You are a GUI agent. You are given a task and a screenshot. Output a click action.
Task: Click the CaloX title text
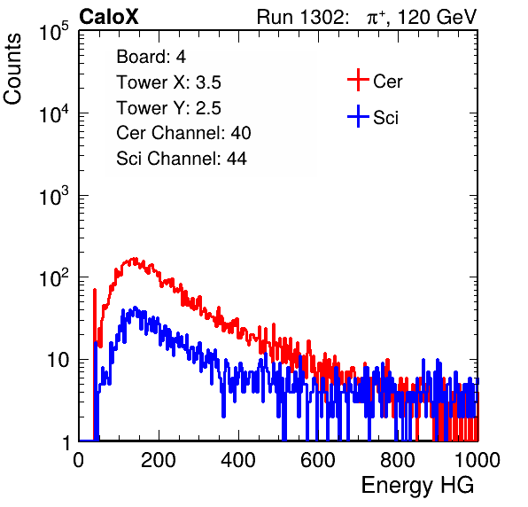[x=109, y=17]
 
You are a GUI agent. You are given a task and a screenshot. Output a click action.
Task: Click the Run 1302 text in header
[x=302, y=17]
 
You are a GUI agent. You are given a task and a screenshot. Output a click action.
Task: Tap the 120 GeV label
[x=438, y=17]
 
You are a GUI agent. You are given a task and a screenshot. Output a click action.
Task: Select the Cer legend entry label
[x=387, y=82]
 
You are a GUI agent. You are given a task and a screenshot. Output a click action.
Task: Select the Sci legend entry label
[x=385, y=118]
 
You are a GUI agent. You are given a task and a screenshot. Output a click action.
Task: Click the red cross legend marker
[x=358, y=80]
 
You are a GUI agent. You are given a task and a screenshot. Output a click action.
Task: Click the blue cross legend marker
[x=358, y=116]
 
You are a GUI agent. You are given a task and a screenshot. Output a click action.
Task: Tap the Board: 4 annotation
[x=151, y=57]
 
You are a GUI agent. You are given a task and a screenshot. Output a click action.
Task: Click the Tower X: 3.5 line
[x=168, y=82]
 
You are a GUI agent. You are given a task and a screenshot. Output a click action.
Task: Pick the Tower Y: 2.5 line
[x=168, y=108]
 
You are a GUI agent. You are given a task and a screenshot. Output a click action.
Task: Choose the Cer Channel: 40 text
[x=183, y=133]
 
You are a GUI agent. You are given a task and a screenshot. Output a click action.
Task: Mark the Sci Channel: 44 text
[x=182, y=159]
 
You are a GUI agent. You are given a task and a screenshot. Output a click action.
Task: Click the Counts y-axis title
[x=12, y=69]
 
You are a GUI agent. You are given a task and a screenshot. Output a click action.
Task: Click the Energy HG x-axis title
[x=417, y=485]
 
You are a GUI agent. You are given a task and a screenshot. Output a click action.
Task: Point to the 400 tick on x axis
[x=238, y=460]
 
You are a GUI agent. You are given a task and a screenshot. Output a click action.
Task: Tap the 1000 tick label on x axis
[x=478, y=460]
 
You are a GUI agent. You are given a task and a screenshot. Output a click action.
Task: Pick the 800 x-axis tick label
[x=398, y=460]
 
